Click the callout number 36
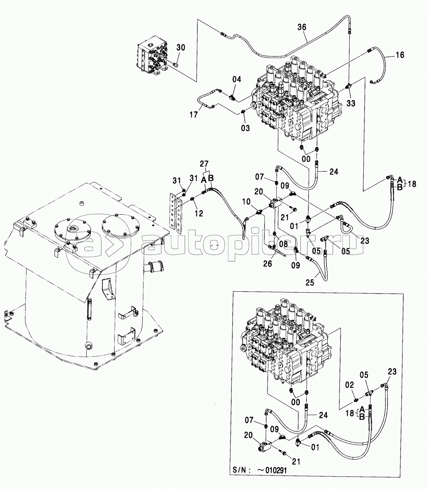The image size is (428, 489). [301, 27]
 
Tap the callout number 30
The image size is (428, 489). [181, 47]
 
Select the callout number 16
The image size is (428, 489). [400, 55]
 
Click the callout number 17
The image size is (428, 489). [194, 115]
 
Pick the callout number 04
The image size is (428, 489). [237, 79]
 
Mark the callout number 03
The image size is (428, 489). [245, 128]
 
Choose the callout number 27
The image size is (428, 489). [204, 164]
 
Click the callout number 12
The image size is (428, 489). [199, 213]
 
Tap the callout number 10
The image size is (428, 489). [247, 202]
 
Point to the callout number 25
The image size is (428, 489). [310, 283]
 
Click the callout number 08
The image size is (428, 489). [283, 244]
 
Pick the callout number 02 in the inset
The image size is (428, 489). [349, 385]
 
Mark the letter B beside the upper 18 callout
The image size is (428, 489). [399, 188]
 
